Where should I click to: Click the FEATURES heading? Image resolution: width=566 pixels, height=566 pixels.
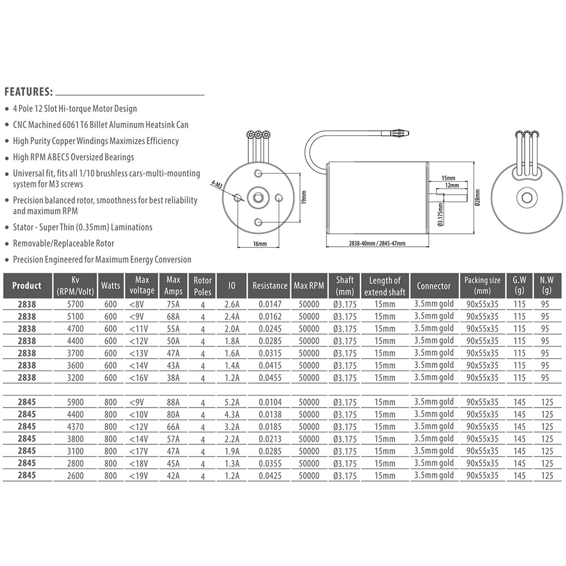29,92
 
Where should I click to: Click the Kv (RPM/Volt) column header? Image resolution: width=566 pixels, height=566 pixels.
75,286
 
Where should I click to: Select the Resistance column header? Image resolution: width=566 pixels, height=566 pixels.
270,286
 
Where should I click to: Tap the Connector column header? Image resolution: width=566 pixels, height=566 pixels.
434,286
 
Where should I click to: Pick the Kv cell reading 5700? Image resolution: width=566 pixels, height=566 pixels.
75,304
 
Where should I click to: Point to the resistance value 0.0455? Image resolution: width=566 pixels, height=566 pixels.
270,378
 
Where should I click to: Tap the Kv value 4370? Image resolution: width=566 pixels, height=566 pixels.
75,427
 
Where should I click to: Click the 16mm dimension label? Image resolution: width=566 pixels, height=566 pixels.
259,243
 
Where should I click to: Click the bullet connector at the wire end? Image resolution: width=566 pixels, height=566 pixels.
398,134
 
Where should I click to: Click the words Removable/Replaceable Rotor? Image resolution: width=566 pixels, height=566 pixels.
63,243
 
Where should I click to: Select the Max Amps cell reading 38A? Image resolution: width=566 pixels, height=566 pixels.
173,378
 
